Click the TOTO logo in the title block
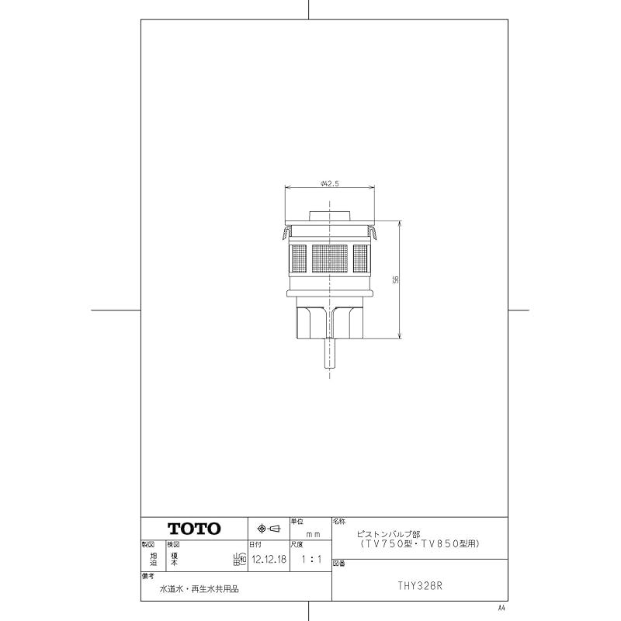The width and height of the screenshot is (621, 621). click(x=195, y=528)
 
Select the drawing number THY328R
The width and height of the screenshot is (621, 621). click(x=420, y=586)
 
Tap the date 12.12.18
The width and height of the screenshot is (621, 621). click(x=269, y=557)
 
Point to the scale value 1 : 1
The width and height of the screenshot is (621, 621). click(x=310, y=557)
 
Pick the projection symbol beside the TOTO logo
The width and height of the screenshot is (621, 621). click(x=268, y=528)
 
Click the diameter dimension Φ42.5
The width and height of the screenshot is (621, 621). click(x=330, y=183)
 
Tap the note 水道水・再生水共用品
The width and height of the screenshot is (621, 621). click(x=199, y=589)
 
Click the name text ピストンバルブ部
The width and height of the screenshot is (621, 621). click(x=387, y=535)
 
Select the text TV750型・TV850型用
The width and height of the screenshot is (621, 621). click(x=415, y=545)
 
